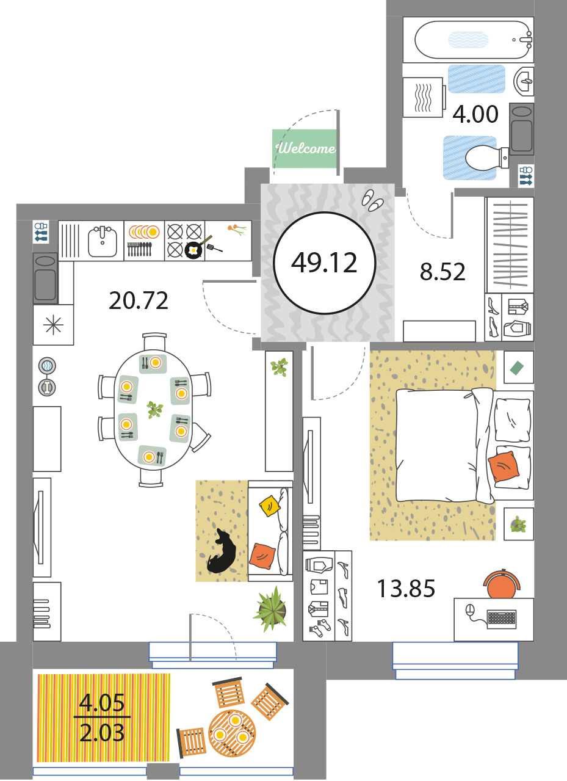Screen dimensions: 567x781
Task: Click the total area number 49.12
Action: pos(324,263)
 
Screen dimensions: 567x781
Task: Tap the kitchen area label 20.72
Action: pos(139,300)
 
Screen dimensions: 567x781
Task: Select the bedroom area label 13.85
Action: pos(406,589)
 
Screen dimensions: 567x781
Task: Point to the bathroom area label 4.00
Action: pos(475,114)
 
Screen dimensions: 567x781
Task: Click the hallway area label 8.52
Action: pos(442,272)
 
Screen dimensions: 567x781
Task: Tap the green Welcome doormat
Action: pos(304,148)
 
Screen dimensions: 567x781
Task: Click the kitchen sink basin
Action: pos(103,241)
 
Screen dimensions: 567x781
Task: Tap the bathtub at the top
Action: pos(473,40)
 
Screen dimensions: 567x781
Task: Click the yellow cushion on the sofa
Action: pos(270,506)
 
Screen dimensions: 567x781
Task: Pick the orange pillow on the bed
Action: pos(504,467)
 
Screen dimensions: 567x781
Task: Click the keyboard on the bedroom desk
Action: pos(502,619)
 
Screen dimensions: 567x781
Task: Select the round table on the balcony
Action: pos(232,733)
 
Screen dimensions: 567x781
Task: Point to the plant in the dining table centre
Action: pos(155,409)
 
